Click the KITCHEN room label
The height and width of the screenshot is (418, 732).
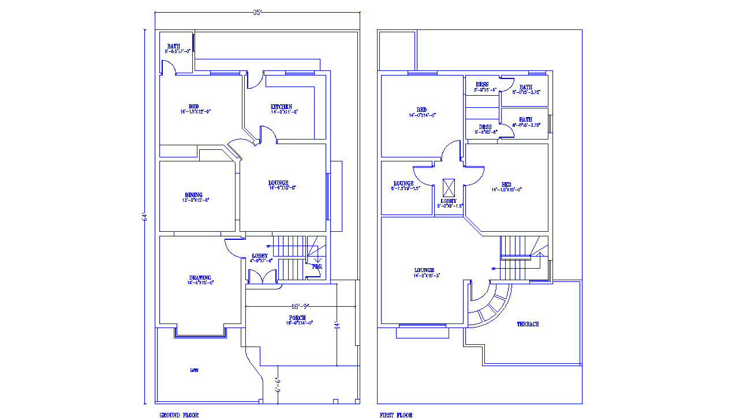coord(281,107)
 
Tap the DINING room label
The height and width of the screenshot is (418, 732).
coord(194,195)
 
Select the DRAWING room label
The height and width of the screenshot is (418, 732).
coord(200,277)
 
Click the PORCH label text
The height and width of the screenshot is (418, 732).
coord(297,318)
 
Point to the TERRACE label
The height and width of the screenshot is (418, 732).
coord(528,324)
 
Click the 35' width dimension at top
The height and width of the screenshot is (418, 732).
coord(257,12)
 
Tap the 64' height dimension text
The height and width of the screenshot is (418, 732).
coord(145,217)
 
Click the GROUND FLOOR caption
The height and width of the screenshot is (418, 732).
coord(179,415)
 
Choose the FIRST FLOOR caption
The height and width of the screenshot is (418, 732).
coord(396,415)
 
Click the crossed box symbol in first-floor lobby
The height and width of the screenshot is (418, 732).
coord(449,188)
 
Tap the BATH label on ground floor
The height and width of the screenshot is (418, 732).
coord(174,46)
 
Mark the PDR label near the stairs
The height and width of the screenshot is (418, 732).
coord(317,266)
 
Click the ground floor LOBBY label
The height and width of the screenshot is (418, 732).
coord(260,255)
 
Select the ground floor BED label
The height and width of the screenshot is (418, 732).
coord(193,107)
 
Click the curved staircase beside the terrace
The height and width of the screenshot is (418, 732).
coord(491,303)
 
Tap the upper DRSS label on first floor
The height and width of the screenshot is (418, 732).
coord(481,85)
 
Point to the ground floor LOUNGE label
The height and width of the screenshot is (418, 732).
coord(278,183)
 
